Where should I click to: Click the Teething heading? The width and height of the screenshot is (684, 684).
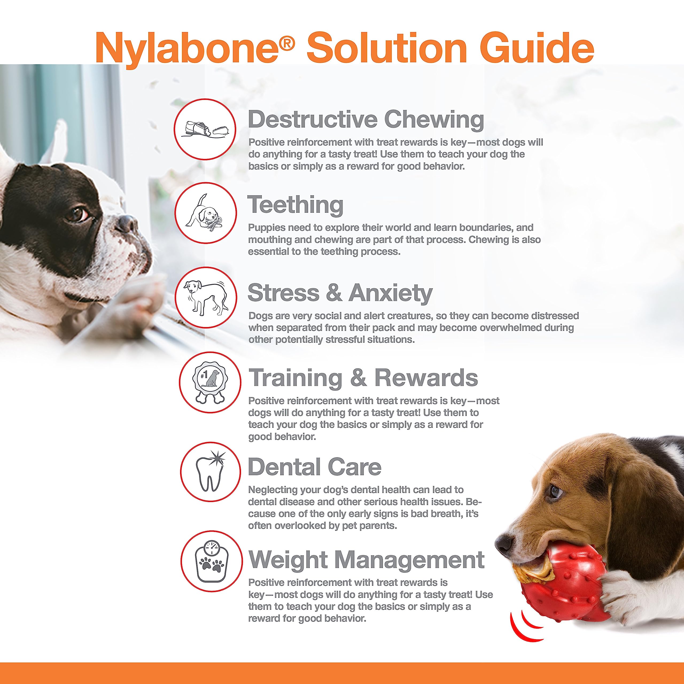(x=295, y=205)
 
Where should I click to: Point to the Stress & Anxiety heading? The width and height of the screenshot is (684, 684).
(x=340, y=293)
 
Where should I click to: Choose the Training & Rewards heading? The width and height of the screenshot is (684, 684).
(x=363, y=378)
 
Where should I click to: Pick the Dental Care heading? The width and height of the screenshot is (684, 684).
(x=314, y=467)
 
